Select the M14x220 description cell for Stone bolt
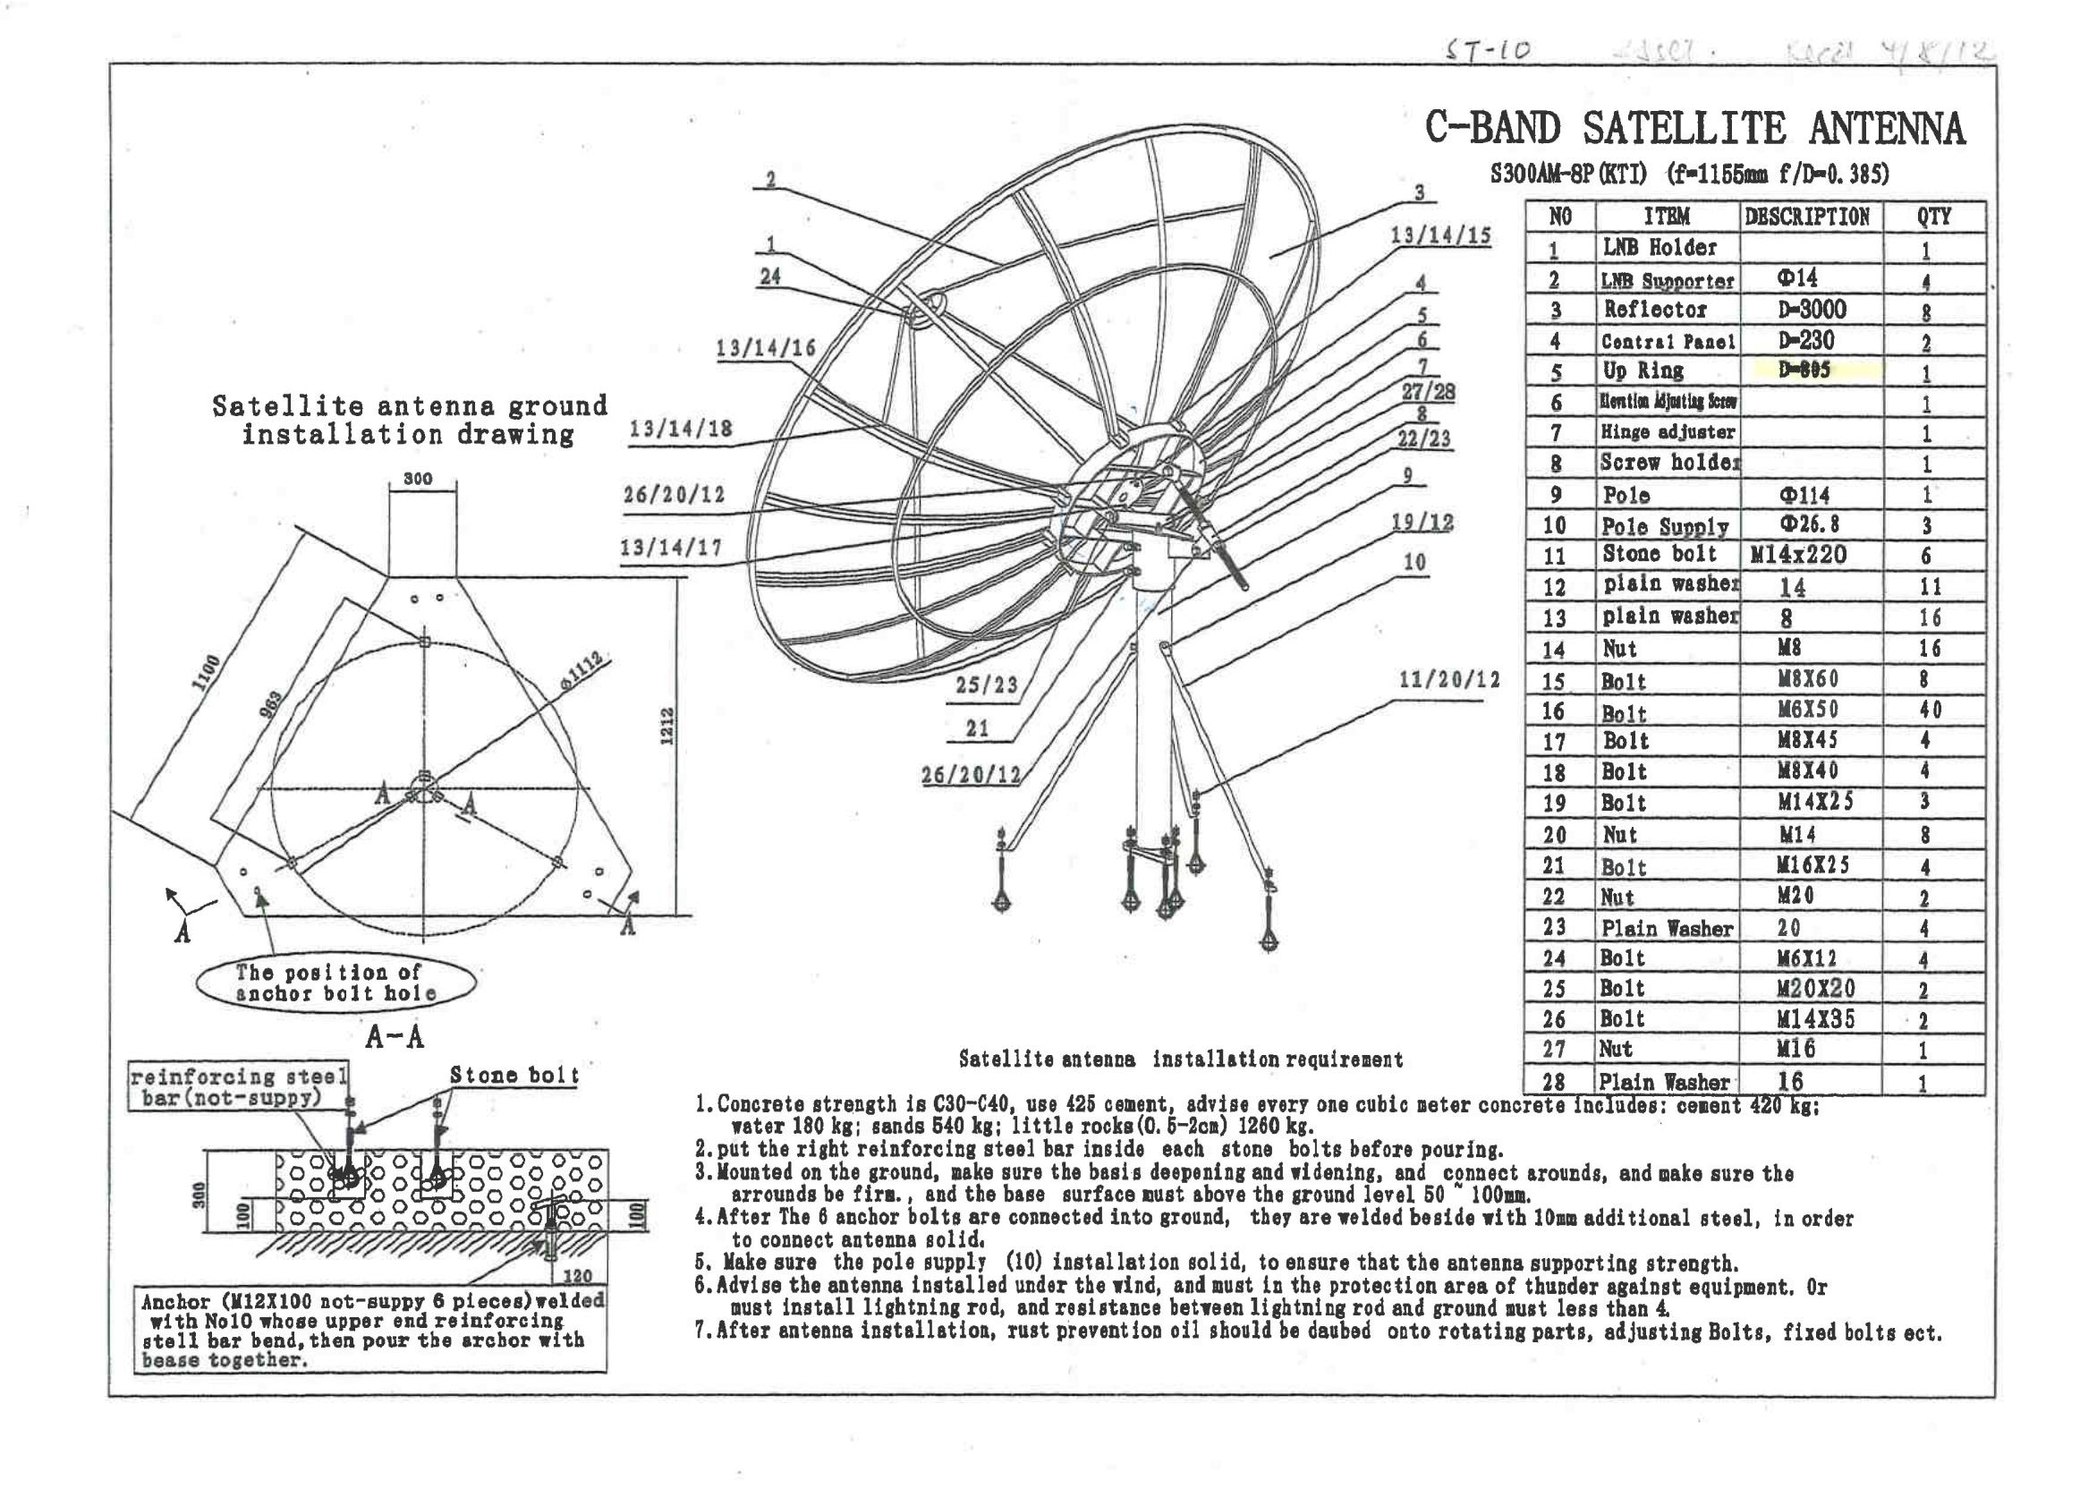click(x=1797, y=555)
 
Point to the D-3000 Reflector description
click(x=1811, y=309)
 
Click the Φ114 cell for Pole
click(x=1804, y=496)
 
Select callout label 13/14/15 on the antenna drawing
click(x=1440, y=235)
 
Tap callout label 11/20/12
click(x=1448, y=679)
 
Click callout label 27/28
click(x=1427, y=393)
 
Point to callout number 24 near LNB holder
click(x=770, y=276)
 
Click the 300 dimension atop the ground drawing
click(x=417, y=479)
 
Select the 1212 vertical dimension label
click(x=667, y=727)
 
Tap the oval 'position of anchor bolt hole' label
click(x=335, y=982)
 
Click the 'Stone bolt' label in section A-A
click(x=514, y=1076)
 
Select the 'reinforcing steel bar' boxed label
click(x=238, y=1086)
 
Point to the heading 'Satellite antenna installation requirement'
click(x=1180, y=1059)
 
